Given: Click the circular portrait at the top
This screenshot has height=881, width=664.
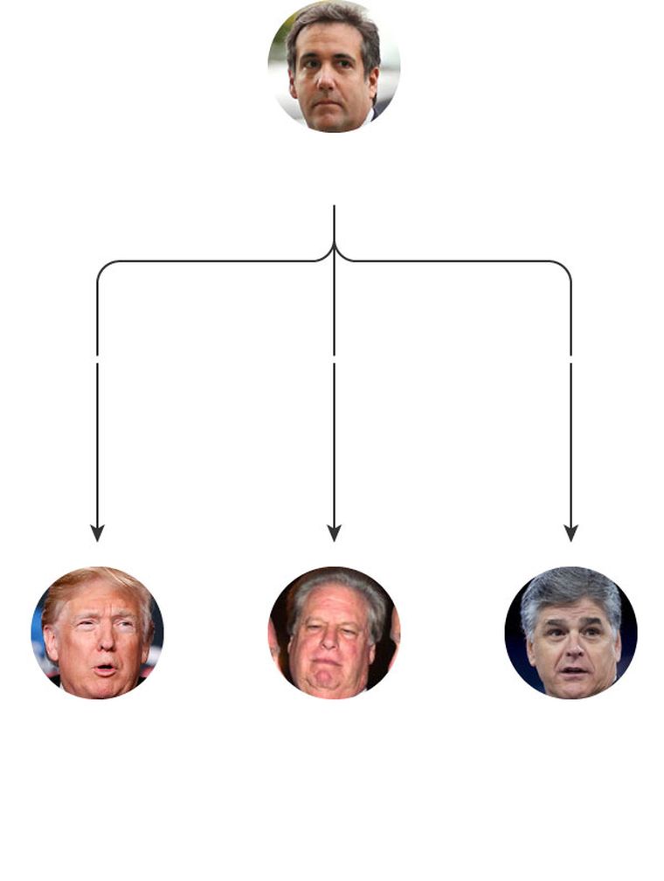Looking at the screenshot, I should point(334,66).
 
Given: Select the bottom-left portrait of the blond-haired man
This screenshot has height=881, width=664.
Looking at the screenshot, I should point(98,633).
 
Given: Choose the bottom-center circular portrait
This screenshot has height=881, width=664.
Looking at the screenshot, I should point(334,633).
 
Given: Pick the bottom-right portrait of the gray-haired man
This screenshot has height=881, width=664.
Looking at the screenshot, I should point(571,633).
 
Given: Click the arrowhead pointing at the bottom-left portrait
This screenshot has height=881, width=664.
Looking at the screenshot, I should point(97,532).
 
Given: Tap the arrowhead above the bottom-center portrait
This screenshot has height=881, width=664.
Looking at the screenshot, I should point(334,532).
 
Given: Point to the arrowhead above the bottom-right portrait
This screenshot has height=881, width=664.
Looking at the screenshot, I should point(571,532).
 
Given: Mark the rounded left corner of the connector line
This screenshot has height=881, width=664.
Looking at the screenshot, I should point(101,266).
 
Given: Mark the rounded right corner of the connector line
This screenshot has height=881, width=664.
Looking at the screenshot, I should point(566,266).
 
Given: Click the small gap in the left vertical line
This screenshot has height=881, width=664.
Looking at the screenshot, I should point(97,358).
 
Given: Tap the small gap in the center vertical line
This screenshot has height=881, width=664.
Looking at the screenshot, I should point(334,358).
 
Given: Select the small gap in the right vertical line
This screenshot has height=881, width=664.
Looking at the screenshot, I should point(571,358).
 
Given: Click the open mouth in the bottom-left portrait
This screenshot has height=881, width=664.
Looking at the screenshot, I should point(105,669).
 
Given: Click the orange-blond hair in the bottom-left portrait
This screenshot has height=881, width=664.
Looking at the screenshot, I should point(92,583).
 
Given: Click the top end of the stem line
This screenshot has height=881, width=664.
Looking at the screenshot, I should point(334,207).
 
